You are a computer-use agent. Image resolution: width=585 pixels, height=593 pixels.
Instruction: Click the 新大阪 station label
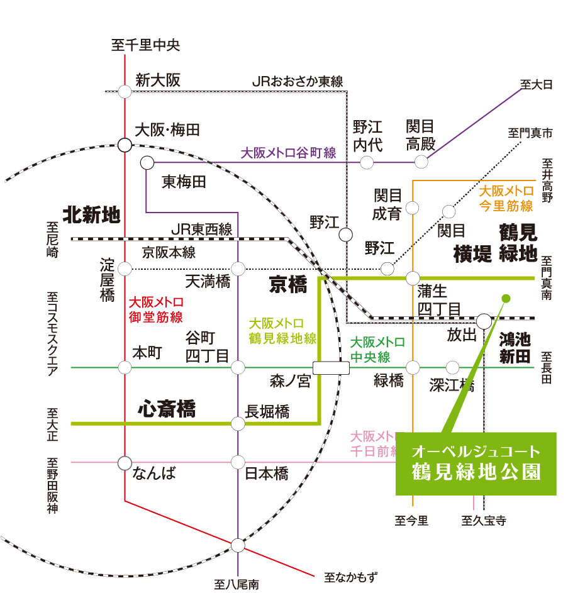click(x=158, y=80)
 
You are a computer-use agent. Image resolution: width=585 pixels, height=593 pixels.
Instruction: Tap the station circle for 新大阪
click(x=125, y=92)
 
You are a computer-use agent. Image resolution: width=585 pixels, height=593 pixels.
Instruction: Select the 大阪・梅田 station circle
click(x=125, y=145)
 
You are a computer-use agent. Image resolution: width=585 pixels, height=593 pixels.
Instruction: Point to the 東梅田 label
click(x=184, y=182)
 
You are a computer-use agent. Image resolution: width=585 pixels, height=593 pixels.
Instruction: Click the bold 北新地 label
click(x=91, y=215)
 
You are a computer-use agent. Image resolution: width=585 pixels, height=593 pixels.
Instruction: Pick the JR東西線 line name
click(x=201, y=229)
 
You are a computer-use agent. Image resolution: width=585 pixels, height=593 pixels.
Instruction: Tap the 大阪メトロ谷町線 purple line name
click(x=288, y=153)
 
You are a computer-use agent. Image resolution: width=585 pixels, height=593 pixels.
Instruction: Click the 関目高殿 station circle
click(x=421, y=162)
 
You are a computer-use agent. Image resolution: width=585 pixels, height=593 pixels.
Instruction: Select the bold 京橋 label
click(x=288, y=284)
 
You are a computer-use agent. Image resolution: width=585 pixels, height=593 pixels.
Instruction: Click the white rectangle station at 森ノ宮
click(x=331, y=368)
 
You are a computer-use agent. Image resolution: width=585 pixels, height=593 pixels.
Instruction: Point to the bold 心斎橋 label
click(x=167, y=409)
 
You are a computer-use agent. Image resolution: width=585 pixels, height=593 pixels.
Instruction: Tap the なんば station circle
click(x=125, y=463)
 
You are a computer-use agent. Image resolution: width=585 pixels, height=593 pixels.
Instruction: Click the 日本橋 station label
click(x=266, y=474)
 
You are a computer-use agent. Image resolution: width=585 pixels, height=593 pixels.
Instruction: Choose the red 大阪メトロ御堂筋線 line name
click(x=156, y=310)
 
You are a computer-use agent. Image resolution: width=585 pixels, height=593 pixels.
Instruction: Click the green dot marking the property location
click(x=506, y=299)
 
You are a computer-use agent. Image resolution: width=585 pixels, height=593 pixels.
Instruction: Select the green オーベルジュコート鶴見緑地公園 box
click(x=476, y=463)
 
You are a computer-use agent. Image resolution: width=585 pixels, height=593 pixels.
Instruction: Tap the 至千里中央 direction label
click(x=146, y=45)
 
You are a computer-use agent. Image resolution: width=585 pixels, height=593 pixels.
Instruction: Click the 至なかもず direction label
click(x=351, y=577)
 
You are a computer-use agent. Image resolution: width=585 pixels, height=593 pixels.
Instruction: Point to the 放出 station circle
click(x=484, y=321)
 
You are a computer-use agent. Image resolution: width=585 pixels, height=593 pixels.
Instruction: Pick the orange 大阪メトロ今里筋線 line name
click(x=506, y=199)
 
